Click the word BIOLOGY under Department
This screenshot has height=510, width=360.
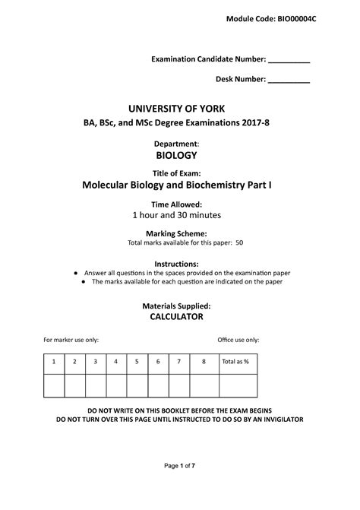click(x=175, y=155)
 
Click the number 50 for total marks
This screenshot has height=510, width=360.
click(x=239, y=243)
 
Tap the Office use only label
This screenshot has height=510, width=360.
click(x=238, y=340)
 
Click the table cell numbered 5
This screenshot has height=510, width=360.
click(x=137, y=362)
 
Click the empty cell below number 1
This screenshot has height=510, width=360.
click(x=54, y=385)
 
